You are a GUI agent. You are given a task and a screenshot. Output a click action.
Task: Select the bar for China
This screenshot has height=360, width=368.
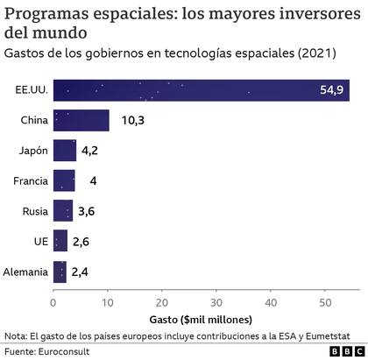(x=81, y=120)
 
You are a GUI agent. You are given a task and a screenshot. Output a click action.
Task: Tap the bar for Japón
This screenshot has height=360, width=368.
(x=64, y=151)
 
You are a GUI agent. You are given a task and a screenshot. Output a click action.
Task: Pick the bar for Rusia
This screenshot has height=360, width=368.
(x=62, y=211)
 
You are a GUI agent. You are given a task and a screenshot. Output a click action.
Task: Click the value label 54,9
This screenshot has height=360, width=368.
(x=337, y=90)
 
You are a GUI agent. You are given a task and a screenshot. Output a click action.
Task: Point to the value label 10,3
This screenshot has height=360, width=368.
(x=131, y=120)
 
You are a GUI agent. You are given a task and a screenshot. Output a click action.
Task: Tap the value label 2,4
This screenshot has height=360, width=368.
(x=81, y=272)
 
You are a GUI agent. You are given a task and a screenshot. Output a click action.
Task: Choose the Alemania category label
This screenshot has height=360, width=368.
(x=25, y=272)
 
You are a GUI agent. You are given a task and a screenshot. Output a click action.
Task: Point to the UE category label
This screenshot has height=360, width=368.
(x=39, y=242)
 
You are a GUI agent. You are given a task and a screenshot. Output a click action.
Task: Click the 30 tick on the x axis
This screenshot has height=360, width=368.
(x=216, y=302)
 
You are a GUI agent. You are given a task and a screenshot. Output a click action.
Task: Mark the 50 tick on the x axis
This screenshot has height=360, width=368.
(x=324, y=302)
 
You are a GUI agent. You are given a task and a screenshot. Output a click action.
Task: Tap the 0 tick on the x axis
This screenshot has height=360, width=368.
(x=53, y=302)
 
